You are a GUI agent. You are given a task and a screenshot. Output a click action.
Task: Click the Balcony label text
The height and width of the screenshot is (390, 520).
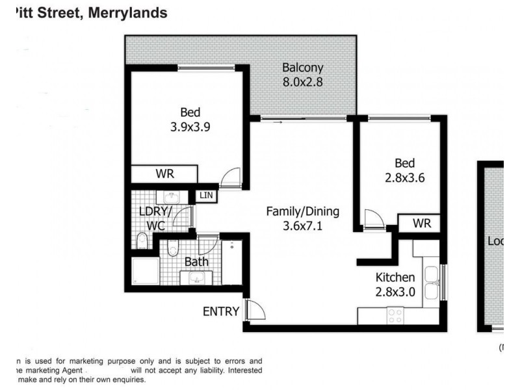tap(302, 68)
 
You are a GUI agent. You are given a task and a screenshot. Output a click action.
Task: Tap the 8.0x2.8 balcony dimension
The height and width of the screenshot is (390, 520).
tap(302, 83)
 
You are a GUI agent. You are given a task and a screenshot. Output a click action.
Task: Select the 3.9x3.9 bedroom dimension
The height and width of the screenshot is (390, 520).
tap(186, 127)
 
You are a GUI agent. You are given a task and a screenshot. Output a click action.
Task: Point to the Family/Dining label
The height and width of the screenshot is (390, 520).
tap(303, 212)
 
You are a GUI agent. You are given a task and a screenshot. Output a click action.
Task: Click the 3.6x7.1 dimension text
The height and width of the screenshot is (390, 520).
tap(303, 227)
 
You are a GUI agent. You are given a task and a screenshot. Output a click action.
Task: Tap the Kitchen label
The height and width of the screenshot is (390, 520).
tap(395, 278)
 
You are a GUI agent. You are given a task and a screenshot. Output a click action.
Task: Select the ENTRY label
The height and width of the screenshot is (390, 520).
tap(221, 311)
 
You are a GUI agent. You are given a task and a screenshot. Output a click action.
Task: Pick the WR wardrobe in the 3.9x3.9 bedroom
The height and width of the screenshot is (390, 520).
tap(164, 174)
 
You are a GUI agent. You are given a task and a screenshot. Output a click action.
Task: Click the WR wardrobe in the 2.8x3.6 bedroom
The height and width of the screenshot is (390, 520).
tap(422, 224)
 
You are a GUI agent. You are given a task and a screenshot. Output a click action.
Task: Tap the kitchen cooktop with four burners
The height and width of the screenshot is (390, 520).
tap(395, 315)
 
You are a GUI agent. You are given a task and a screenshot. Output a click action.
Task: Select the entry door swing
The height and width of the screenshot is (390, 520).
tap(255, 310)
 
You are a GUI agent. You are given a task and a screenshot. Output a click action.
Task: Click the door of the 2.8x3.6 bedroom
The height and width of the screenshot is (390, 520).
tap(373, 219)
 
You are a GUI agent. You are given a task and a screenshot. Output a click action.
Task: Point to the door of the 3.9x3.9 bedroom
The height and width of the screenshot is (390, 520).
tap(231, 178)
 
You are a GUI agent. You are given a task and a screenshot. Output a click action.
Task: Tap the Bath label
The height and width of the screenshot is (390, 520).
tap(196, 262)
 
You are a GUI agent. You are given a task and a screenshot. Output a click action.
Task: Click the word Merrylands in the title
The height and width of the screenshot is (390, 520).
tap(125, 12)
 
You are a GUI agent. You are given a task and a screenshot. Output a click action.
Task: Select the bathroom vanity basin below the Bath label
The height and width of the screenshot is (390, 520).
tap(196, 278)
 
